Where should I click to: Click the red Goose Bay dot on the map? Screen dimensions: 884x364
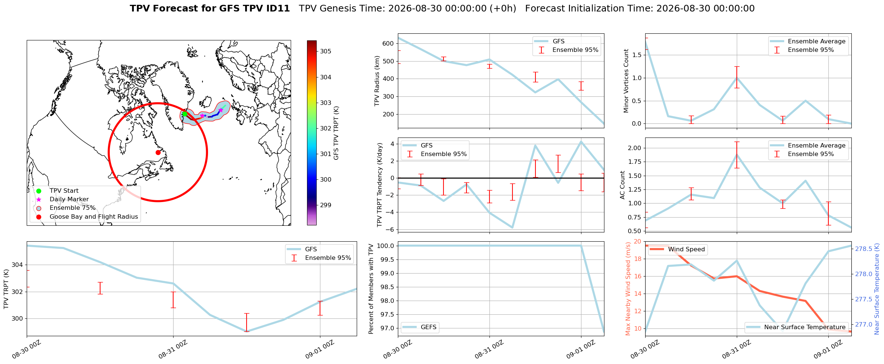(158, 152)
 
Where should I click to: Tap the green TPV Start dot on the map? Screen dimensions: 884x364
(185, 114)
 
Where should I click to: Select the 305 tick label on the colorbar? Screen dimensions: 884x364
(326, 52)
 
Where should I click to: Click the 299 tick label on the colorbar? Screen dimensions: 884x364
(326, 205)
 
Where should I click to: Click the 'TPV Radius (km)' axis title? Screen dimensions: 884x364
(377, 81)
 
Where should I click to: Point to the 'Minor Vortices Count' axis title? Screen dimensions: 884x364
(626, 81)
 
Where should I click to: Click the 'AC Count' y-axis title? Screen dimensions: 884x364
(623, 185)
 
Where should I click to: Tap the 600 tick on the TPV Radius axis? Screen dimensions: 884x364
(388, 44)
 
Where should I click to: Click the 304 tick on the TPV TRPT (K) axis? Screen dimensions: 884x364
(17, 265)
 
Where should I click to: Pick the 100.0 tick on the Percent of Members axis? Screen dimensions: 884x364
(386, 246)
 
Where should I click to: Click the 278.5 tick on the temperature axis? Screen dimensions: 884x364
(864, 249)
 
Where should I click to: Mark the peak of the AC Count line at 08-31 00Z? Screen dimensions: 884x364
(737, 155)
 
